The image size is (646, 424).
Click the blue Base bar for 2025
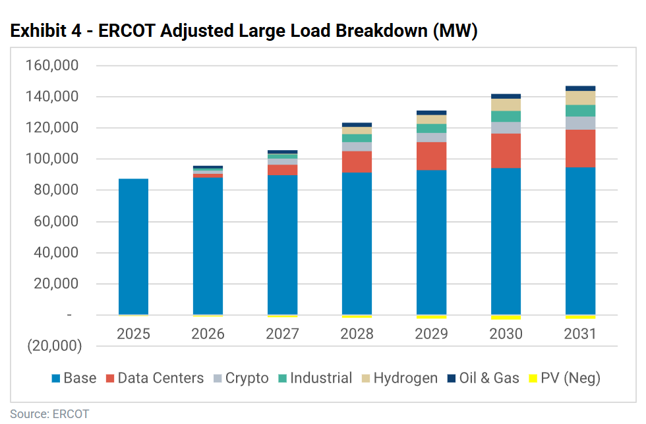[133, 247]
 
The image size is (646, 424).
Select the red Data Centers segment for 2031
[580, 148]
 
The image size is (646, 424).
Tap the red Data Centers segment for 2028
[357, 161]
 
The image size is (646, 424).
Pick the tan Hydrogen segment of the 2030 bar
[506, 105]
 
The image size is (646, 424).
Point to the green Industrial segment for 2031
[580, 111]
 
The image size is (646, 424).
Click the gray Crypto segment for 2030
[506, 128]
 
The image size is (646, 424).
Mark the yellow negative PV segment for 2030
[506, 317]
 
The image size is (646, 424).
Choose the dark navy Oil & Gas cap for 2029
[431, 113]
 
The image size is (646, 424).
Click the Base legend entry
[74, 378]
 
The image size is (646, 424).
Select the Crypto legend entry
[241, 378]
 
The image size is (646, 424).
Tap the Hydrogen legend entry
[398, 378]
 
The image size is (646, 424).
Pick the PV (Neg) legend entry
[562, 378]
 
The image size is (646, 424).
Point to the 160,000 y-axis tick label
[51, 66]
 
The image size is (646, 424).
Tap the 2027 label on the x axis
[282, 334]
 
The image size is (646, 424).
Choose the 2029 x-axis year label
[431, 334]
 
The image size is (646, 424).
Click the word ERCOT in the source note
[71, 414]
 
